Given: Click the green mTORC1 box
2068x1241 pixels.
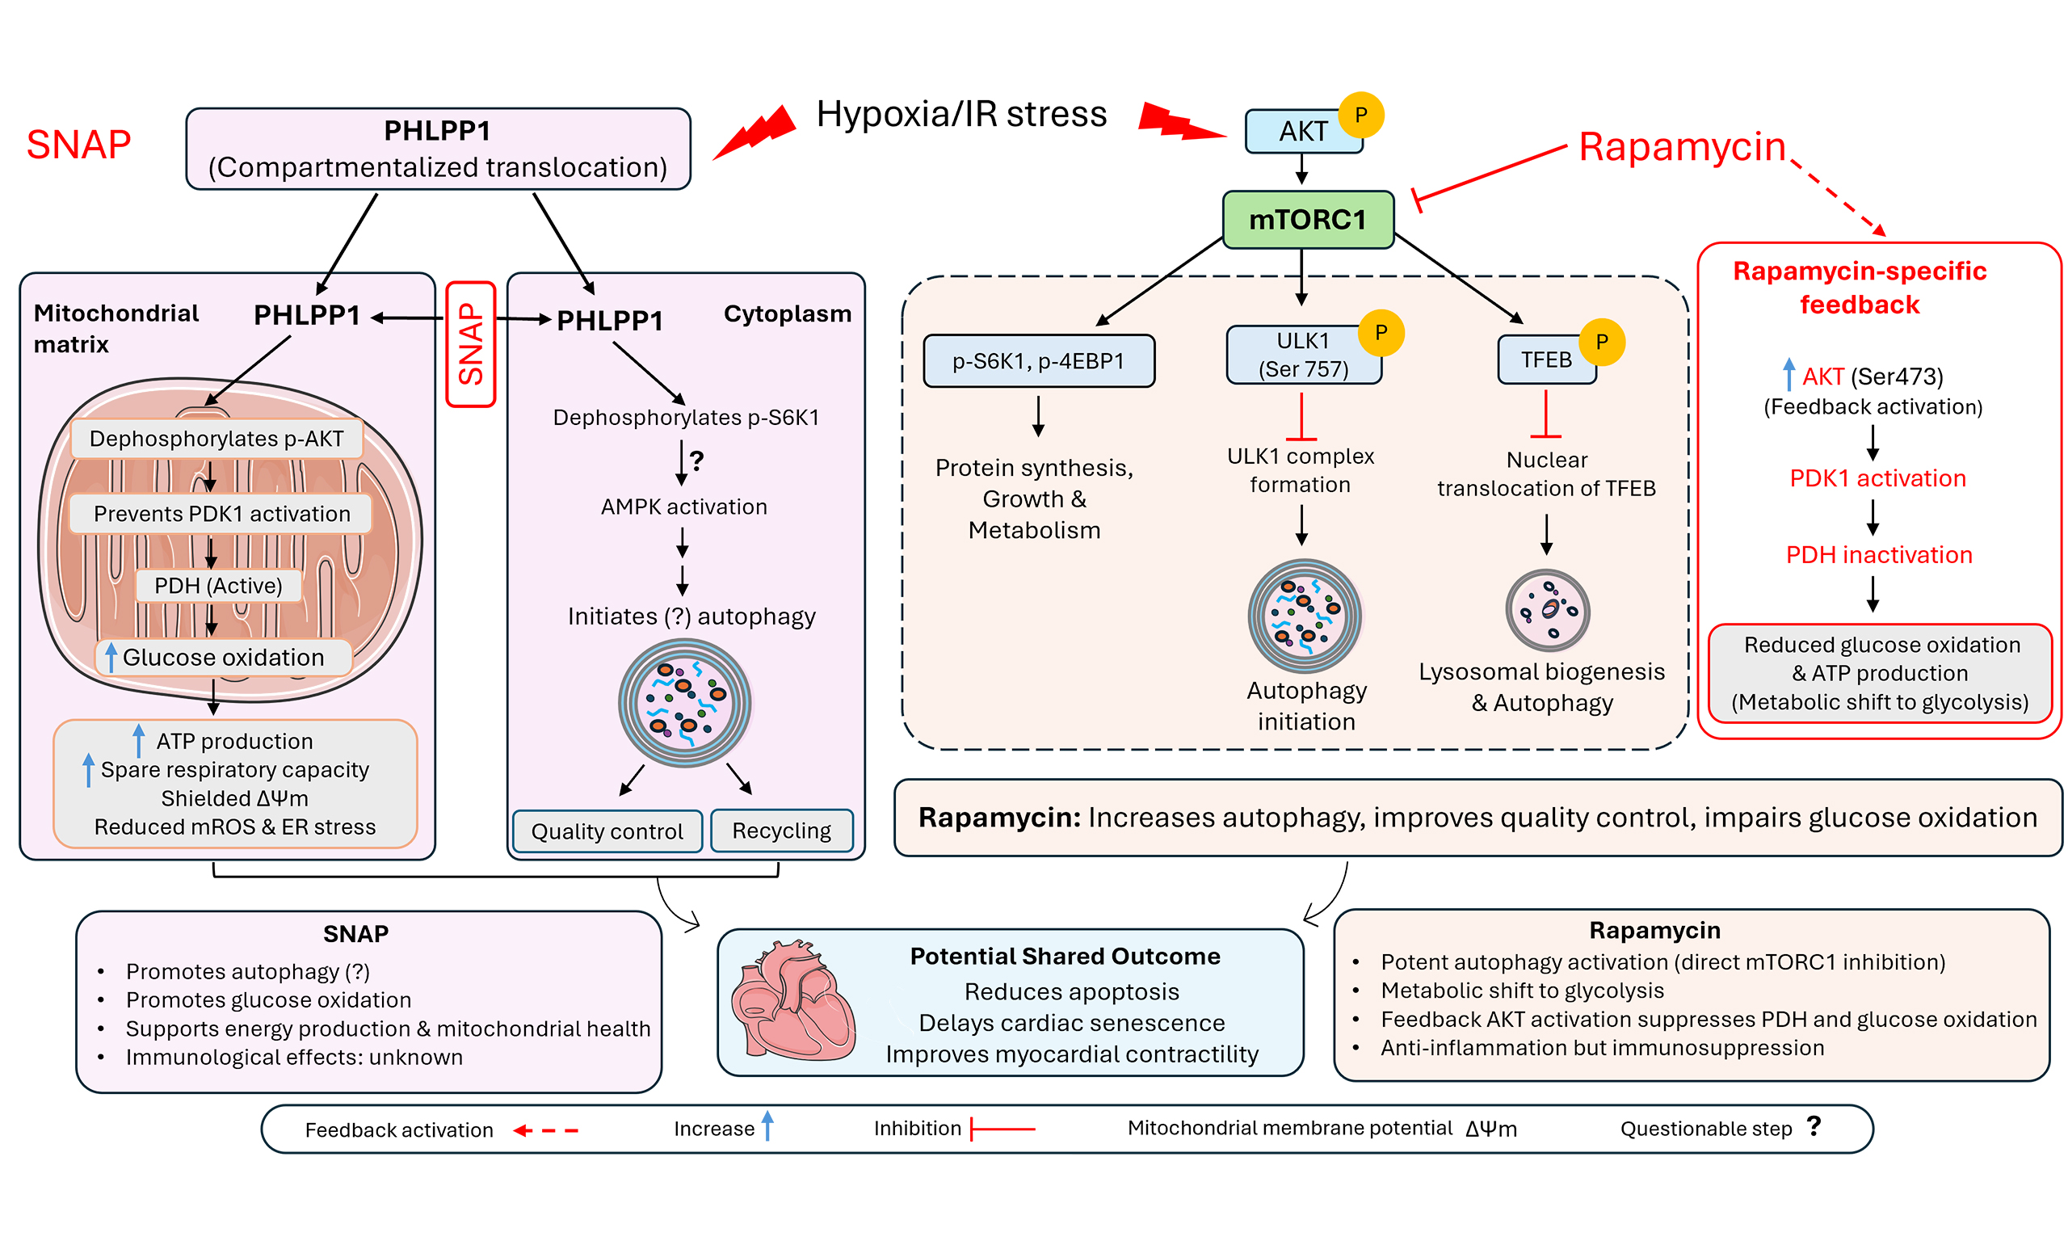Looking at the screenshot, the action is click(1307, 220).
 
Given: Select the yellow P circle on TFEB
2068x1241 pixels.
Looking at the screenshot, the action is click(1602, 342).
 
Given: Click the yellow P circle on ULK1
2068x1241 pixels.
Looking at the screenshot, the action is click(1381, 333).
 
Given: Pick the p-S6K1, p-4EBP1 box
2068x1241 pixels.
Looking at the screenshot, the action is click(1039, 361).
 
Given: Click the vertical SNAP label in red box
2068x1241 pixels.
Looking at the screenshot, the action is click(472, 344).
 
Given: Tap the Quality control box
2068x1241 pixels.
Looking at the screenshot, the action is click(607, 831).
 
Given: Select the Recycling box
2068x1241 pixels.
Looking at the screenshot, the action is click(782, 831).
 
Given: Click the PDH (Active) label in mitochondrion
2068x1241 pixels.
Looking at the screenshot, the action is click(218, 586).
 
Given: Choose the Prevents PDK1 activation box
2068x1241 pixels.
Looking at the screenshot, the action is click(221, 514).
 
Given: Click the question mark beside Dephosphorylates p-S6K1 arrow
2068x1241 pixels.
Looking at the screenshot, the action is click(697, 460).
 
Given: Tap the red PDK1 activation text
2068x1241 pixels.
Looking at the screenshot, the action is click(1877, 478).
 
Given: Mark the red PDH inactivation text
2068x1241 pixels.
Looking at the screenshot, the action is click(1878, 554).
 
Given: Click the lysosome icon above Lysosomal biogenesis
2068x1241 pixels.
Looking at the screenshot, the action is click(1547, 611).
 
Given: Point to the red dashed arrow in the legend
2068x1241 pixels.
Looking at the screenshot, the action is click(546, 1130).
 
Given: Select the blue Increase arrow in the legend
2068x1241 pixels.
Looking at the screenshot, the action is click(767, 1125).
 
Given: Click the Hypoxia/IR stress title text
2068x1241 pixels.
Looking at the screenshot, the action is click(961, 114).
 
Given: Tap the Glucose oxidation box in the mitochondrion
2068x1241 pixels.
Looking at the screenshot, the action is click(223, 658).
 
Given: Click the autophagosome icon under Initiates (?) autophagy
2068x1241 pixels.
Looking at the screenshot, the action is click(684, 703).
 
